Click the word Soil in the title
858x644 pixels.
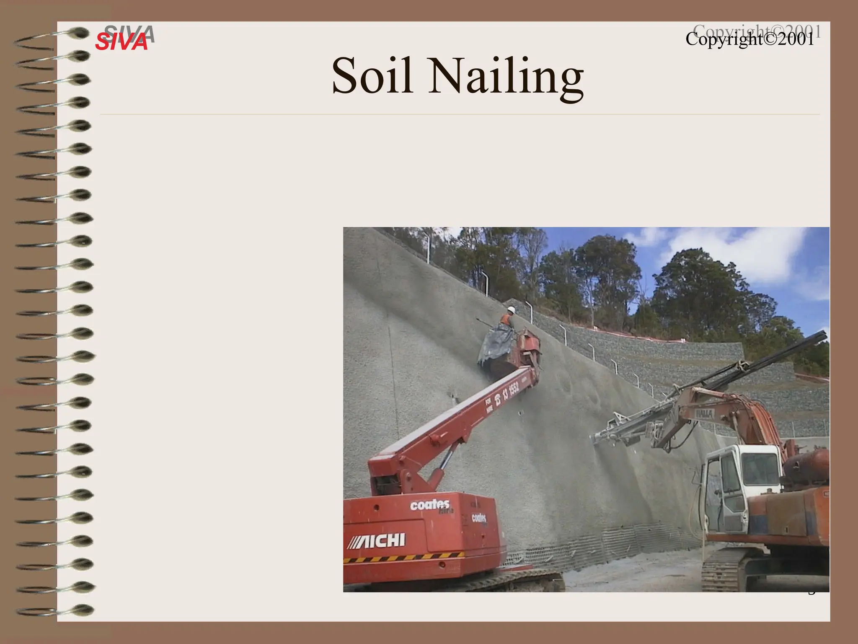tap(372, 77)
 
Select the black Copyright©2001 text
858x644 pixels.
tap(749, 39)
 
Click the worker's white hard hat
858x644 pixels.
tap(511, 309)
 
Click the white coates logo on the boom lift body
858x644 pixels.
tap(430, 505)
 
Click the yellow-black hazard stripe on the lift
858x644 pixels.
tap(402, 558)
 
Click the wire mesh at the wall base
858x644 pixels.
tap(607, 541)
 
